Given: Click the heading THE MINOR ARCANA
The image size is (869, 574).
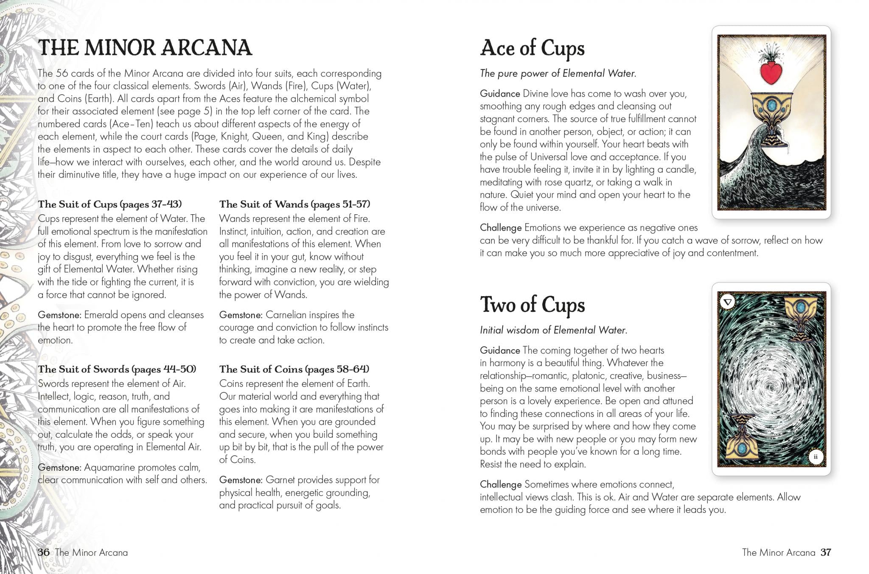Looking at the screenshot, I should tap(145, 48).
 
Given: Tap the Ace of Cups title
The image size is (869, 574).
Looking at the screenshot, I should tap(532, 49).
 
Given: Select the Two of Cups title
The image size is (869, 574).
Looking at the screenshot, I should tap(532, 305).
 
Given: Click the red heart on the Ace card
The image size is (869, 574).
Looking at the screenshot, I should tap(771, 73).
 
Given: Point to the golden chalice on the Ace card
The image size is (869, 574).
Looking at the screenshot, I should tap(771, 108).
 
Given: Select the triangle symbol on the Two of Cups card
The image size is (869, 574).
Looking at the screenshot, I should tap(728, 302).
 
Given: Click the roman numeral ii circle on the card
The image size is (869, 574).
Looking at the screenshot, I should tap(815, 456).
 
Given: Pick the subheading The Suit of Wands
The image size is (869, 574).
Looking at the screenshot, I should tap(294, 204).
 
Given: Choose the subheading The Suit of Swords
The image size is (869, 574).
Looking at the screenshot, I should tap(117, 369).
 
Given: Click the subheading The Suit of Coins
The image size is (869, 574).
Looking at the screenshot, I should tap(294, 369).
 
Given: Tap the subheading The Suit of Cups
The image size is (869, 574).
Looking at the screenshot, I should tap(109, 204).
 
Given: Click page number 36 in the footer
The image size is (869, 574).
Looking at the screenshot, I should tap(43, 552).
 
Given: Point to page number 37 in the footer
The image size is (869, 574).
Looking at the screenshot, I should tap(826, 552).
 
